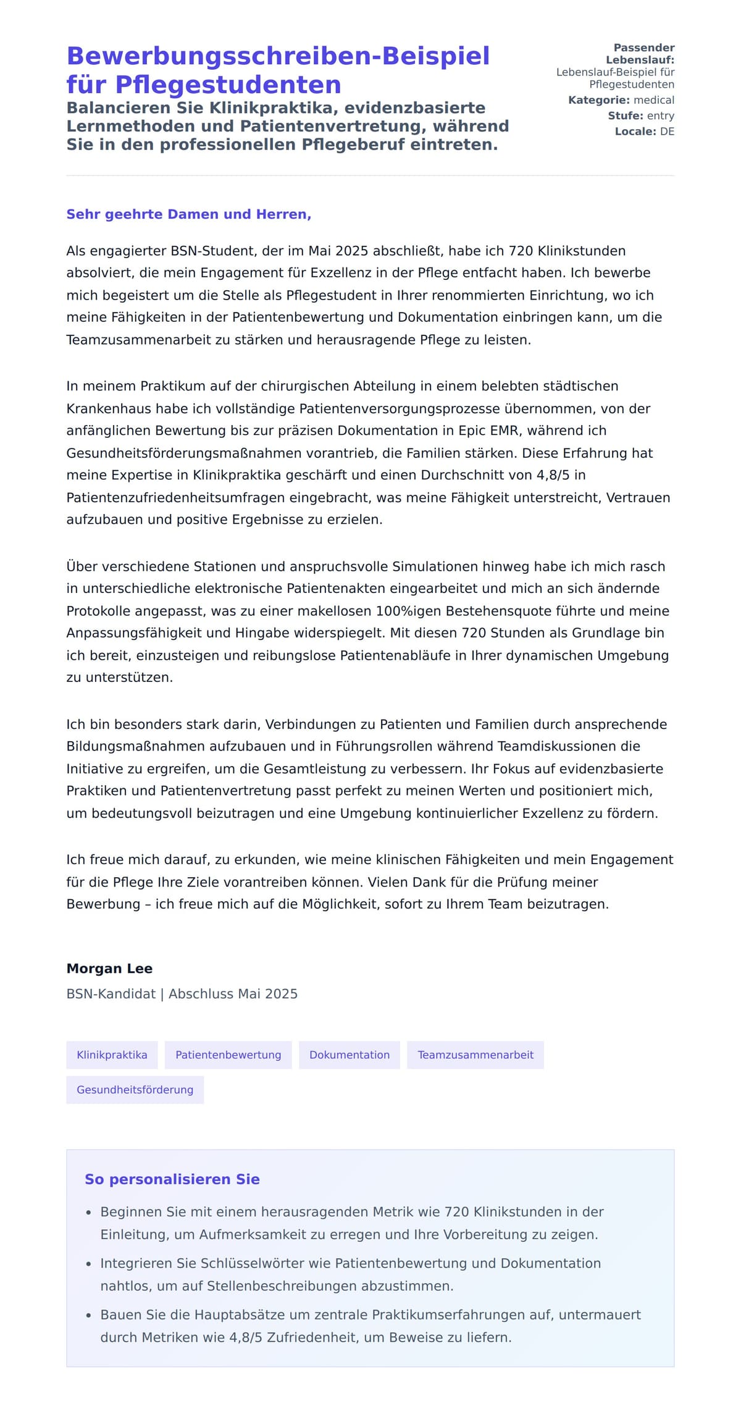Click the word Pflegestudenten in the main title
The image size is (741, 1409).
(x=228, y=85)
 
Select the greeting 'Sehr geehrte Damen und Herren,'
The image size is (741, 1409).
(x=188, y=214)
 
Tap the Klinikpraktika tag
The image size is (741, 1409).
(x=112, y=1054)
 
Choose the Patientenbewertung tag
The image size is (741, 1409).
(x=228, y=1054)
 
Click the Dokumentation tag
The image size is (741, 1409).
(x=350, y=1054)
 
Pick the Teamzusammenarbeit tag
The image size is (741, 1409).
(x=475, y=1054)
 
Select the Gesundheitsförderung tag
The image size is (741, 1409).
(x=135, y=1090)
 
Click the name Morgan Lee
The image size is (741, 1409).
(x=109, y=969)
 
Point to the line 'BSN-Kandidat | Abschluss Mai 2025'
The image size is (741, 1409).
(x=182, y=994)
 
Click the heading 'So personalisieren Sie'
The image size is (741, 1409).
(x=172, y=1179)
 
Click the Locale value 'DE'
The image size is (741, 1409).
(x=667, y=132)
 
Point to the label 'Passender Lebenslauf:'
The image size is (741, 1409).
(x=642, y=54)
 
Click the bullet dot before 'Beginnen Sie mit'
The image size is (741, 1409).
(x=89, y=1213)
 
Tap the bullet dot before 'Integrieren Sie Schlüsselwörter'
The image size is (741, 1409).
(x=89, y=1264)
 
